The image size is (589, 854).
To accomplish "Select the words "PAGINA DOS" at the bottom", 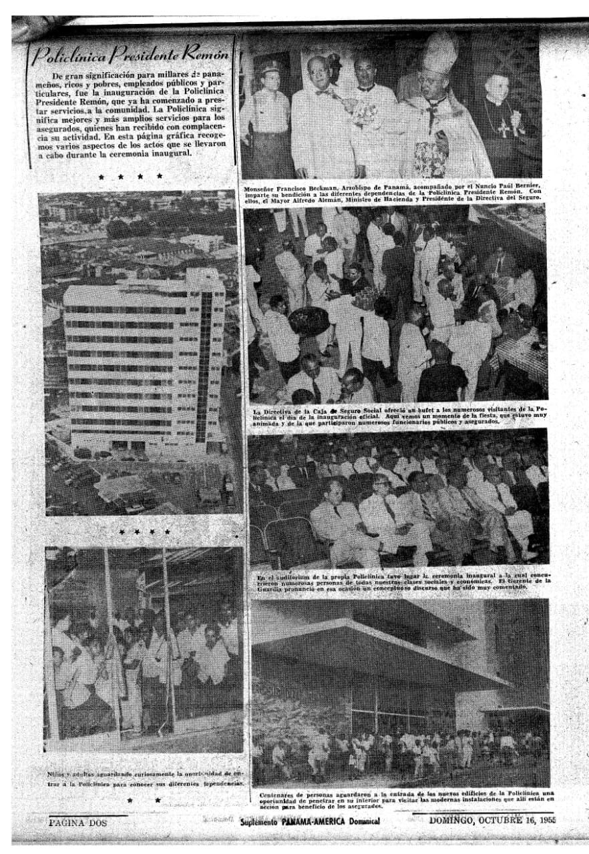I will [78, 823].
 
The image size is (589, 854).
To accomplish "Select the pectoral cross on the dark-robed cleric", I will [502, 127].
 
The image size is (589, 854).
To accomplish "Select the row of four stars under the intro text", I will [131, 177].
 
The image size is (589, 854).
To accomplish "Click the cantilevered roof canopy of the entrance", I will [374, 647].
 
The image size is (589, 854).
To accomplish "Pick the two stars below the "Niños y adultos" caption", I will [144, 799].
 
